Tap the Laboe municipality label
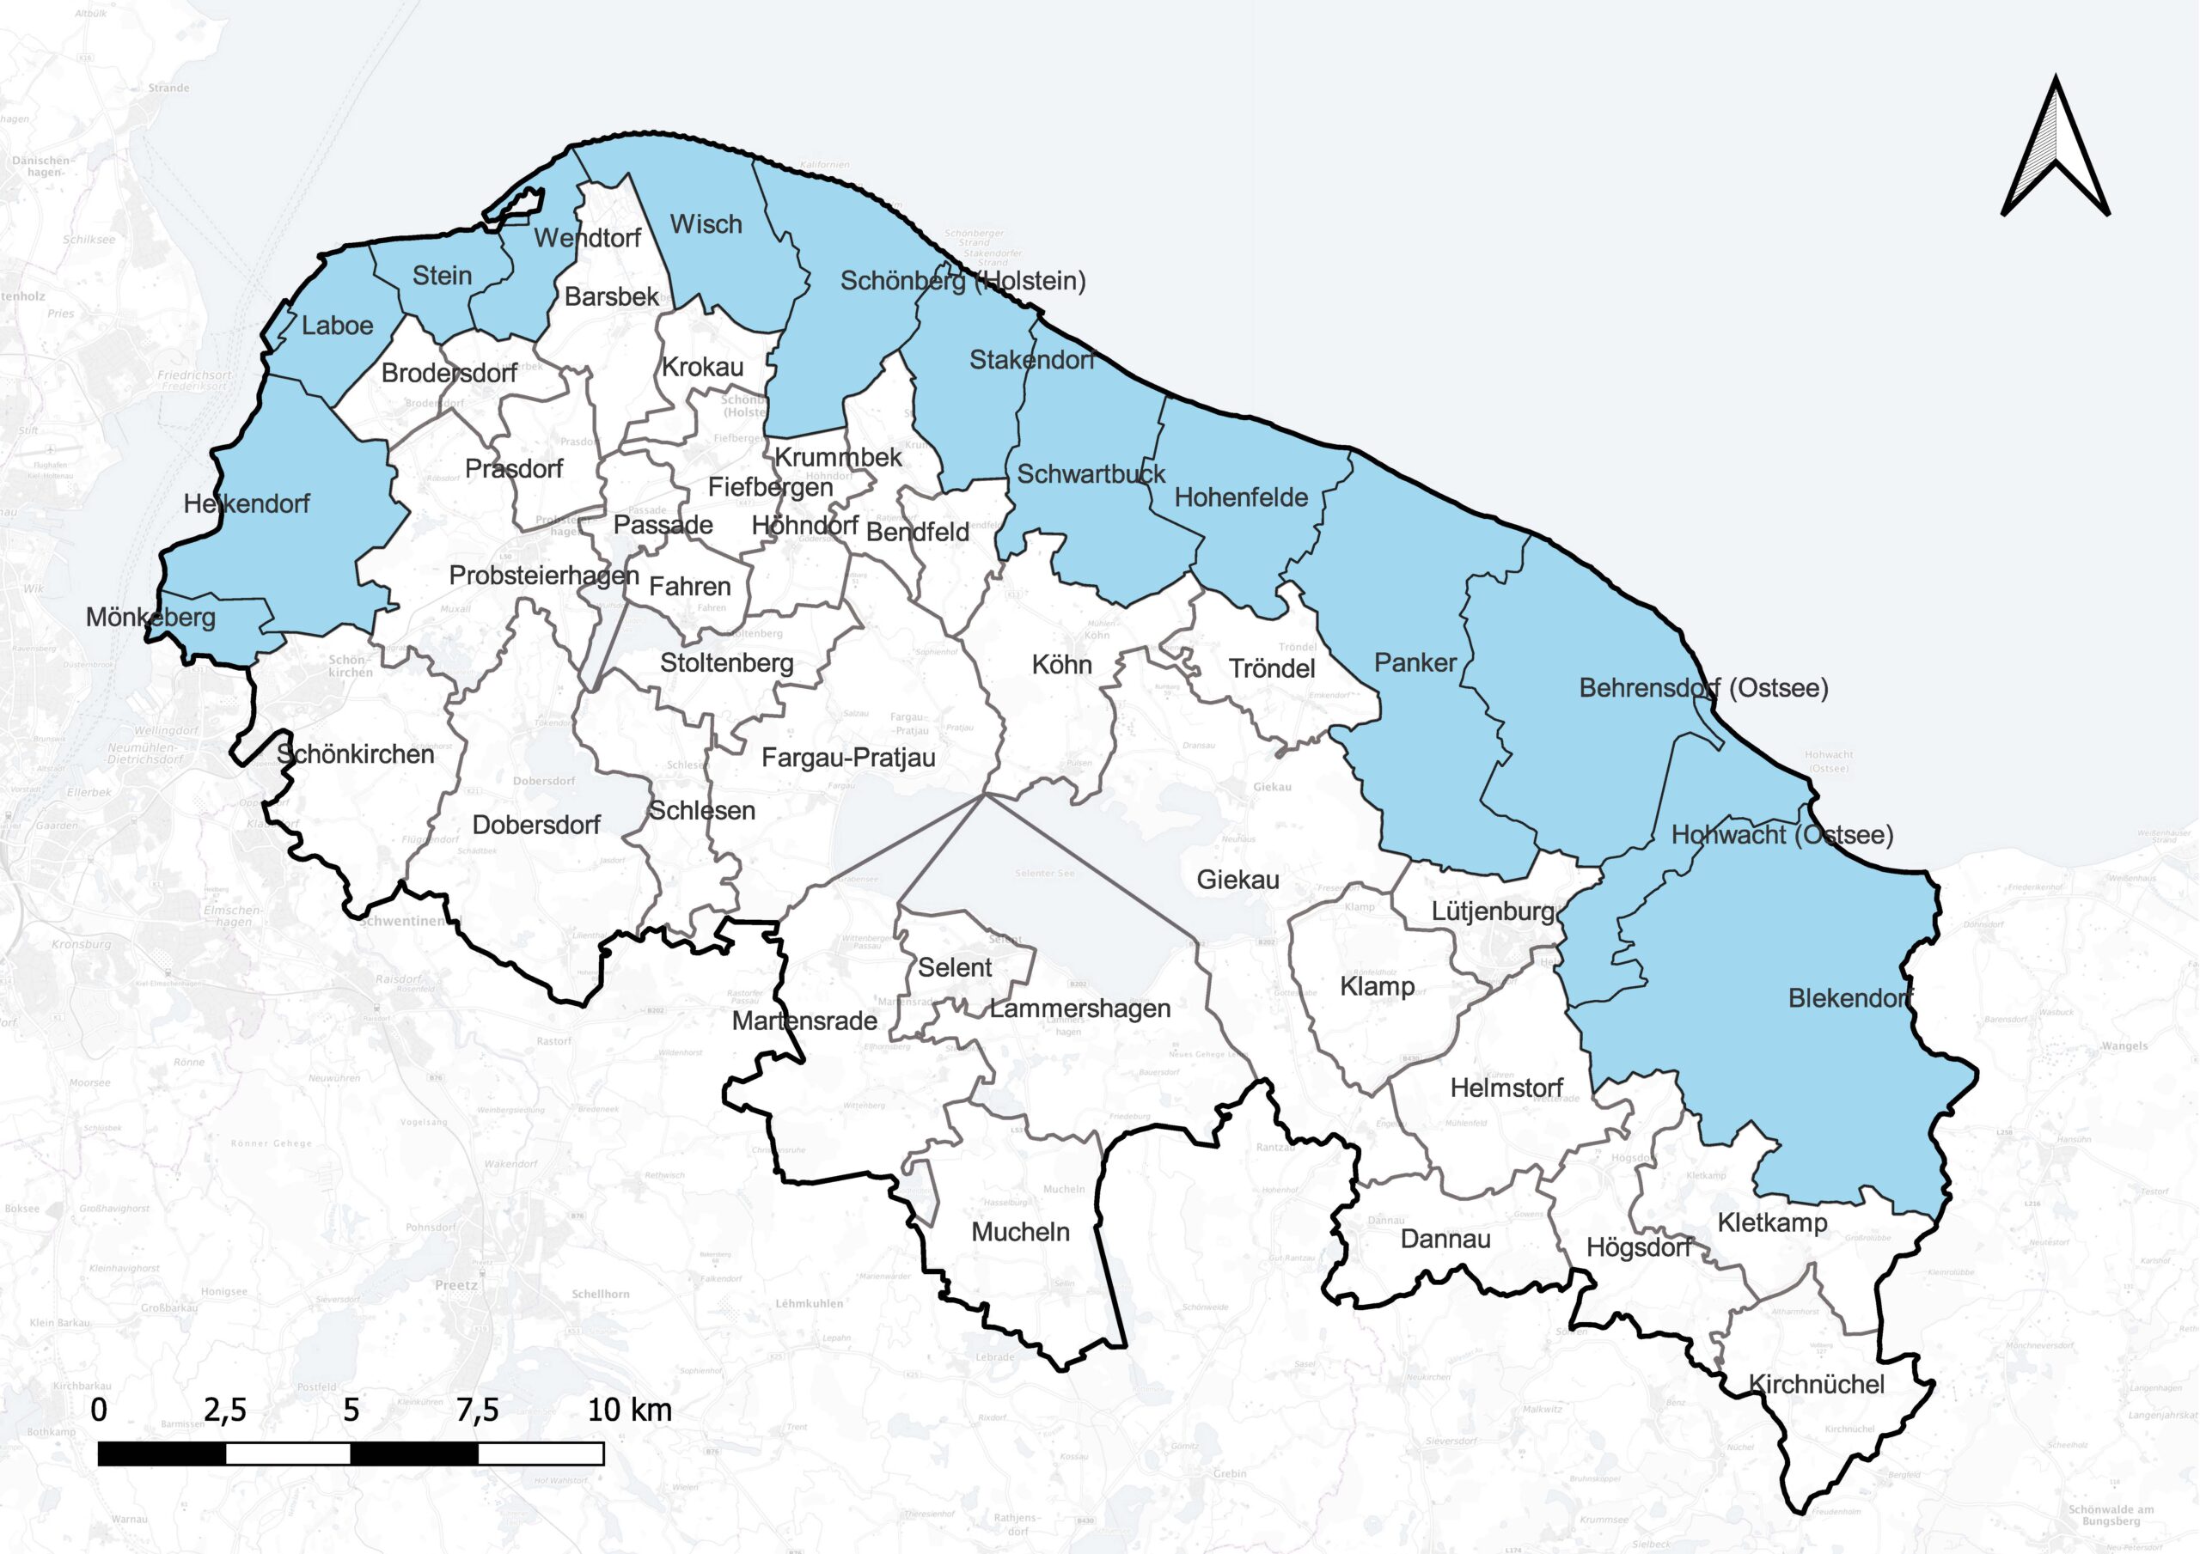point(337,326)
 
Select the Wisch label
point(706,224)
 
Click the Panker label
point(1415,662)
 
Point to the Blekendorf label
point(1850,998)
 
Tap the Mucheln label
point(1020,1232)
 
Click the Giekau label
point(1238,880)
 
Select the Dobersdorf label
point(536,825)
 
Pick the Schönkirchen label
point(356,755)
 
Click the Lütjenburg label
point(1493,911)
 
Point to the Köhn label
point(1061,665)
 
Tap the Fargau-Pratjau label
point(848,758)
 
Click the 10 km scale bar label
point(630,1411)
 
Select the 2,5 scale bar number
point(225,1411)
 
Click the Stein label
point(442,276)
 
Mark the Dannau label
point(1445,1240)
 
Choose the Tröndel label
point(1272,668)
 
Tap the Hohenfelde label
point(1241,498)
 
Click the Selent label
point(955,967)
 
